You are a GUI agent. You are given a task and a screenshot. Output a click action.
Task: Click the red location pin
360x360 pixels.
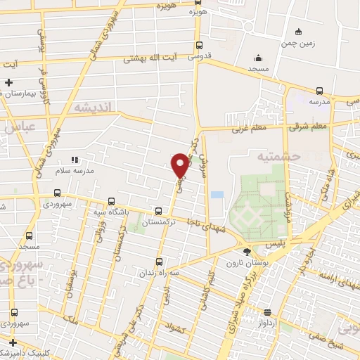[x=180, y=165]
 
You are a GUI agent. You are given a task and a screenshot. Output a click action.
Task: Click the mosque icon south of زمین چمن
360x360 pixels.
[x=259, y=58]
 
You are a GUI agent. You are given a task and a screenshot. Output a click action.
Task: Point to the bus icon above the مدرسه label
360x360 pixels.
[x=320, y=91]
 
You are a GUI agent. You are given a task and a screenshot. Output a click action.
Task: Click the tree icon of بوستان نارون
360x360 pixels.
[x=246, y=252]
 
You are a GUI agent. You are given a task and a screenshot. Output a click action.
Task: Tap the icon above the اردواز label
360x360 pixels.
[x=267, y=312]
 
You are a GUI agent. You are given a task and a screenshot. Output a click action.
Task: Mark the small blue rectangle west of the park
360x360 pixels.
[x=217, y=194]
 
